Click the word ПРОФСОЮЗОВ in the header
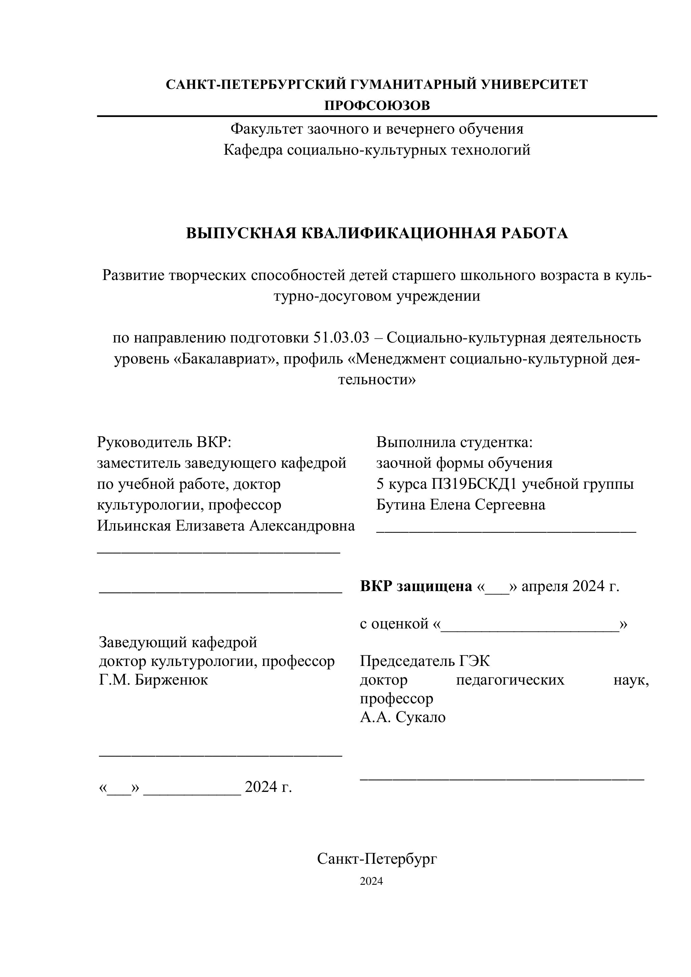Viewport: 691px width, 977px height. click(377, 106)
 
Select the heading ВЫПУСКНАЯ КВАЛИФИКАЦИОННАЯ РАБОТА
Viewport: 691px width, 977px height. click(377, 233)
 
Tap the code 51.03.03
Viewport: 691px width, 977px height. click(341, 338)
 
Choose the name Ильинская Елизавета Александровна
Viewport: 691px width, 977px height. click(226, 526)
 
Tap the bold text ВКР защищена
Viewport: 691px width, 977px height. click(416, 586)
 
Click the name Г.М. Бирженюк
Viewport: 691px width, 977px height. click(153, 680)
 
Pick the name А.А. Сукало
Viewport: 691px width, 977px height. click(403, 717)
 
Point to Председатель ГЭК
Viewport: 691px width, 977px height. click(425, 661)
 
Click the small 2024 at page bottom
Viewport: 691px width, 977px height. click(371, 881)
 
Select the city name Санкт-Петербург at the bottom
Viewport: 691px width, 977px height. click(377, 859)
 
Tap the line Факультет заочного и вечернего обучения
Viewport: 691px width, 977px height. click(377, 129)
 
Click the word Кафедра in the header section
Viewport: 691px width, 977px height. click(253, 150)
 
